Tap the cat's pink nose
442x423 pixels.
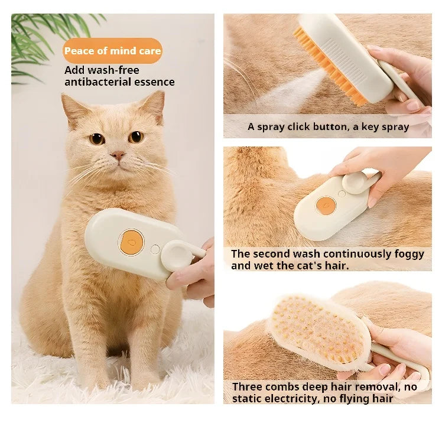click(118, 155)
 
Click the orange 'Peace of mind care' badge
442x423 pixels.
click(112, 51)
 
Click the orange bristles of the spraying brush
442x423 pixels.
click(322, 71)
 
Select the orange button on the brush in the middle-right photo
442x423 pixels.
click(325, 206)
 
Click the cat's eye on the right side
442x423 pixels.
click(136, 137)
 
